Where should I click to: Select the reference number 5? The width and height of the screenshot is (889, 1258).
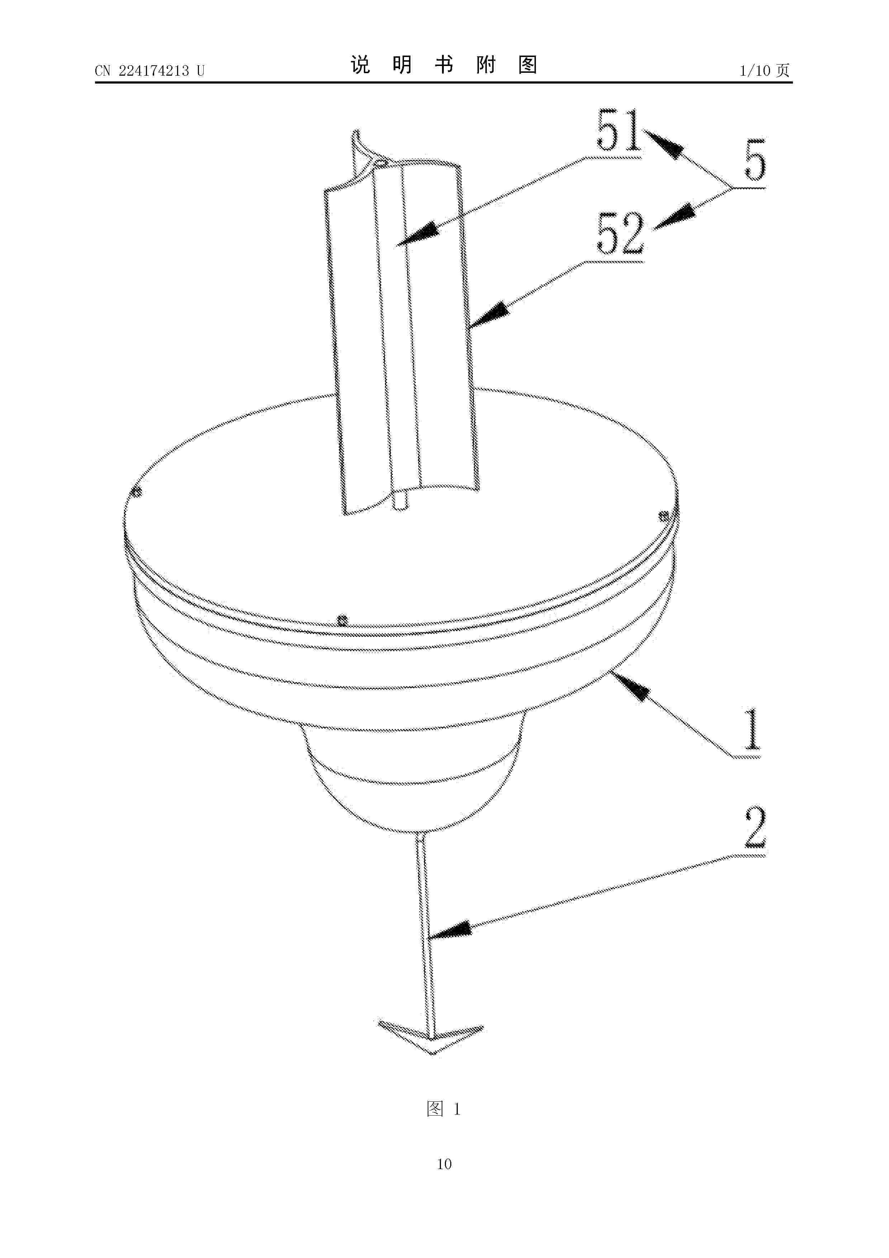[x=755, y=160]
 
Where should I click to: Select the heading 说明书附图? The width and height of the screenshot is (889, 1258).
[x=444, y=65]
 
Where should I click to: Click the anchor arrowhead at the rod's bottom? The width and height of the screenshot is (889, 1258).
[x=431, y=1037]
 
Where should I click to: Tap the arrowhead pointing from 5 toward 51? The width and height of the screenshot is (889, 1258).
[x=664, y=143]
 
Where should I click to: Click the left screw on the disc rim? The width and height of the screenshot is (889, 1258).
[x=137, y=492]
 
